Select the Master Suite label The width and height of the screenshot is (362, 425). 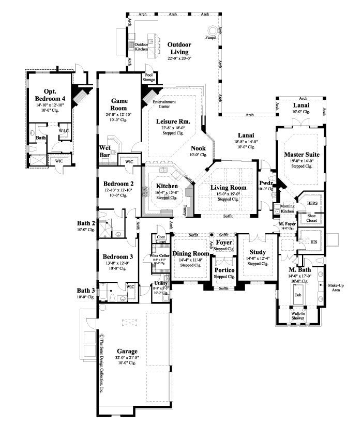[x=301, y=154]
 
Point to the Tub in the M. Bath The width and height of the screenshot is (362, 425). [x=298, y=295]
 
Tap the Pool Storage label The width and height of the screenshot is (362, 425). [x=149, y=78]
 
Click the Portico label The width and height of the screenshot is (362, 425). [x=224, y=270]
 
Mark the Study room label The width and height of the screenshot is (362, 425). [x=258, y=252]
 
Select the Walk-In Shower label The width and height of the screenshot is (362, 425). [x=298, y=315]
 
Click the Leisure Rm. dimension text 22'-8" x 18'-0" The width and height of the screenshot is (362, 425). [x=170, y=127]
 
